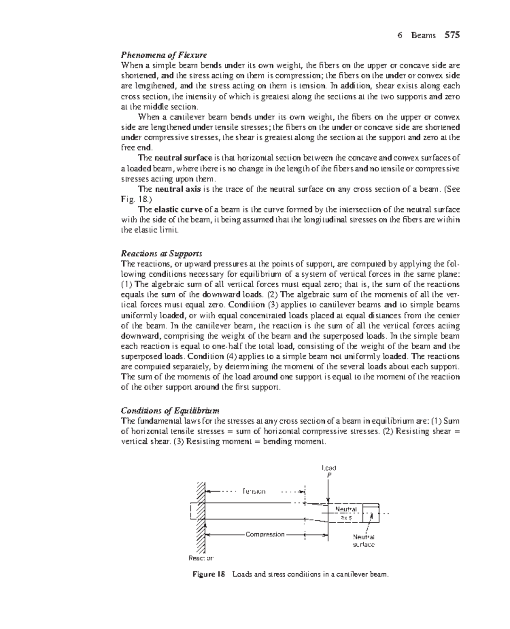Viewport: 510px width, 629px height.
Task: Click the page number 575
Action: point(452,35)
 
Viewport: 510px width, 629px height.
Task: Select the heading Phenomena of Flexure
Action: point(164,55)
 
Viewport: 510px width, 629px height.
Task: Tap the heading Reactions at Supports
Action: point(161,254)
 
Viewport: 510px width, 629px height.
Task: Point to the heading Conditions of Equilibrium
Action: point(170,411)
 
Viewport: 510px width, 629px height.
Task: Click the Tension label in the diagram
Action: point(254,491)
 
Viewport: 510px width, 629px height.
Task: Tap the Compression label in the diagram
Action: point(265,534)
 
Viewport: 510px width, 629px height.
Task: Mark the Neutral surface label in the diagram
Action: point(364,541)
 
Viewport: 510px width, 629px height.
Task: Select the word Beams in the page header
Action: point(423,36)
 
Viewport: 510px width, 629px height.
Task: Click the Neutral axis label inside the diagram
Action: point(346,513)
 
